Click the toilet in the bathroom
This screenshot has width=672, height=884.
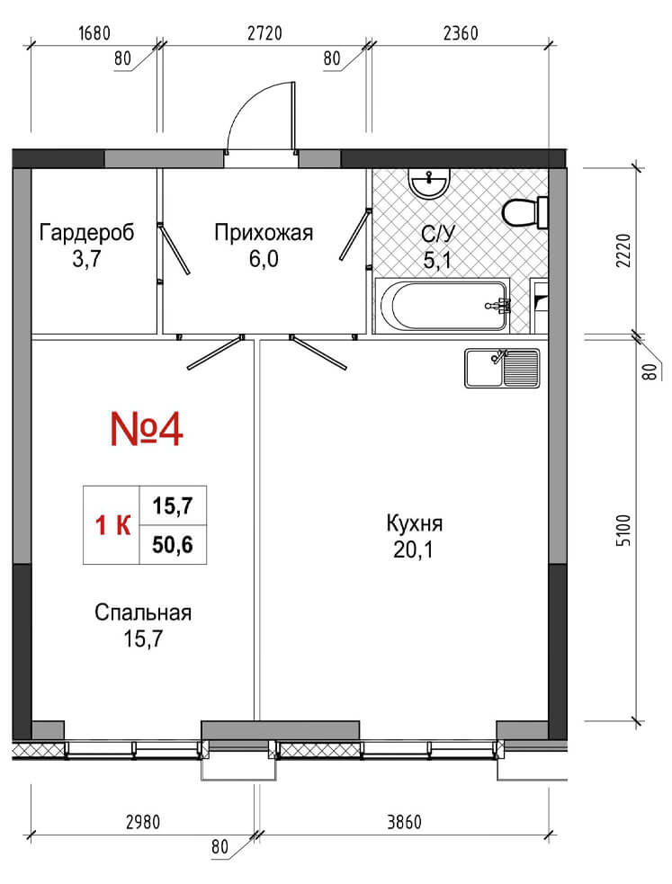point(524,212)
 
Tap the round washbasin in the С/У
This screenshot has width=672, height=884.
point(429,183)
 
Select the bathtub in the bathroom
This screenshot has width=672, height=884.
point(443,305)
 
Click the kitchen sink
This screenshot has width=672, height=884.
point(502,368)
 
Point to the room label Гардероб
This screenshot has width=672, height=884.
point(87,232)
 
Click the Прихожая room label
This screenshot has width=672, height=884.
point(264,232)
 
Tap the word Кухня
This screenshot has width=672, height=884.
point(415,523)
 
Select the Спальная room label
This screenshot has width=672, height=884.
point(143,612)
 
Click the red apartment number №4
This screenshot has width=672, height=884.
point(147,429)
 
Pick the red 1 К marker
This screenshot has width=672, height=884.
point(112,525)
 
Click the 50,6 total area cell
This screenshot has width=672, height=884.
point(173,545)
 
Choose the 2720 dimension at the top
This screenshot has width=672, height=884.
point(264,33)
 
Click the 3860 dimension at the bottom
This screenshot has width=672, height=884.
point(404,822)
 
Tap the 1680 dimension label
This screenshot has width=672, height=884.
point(94,33)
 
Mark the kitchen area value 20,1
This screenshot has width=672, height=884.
point(413,549)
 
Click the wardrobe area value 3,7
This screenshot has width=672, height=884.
point(86,259)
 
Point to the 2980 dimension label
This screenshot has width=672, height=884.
point(143,822)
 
